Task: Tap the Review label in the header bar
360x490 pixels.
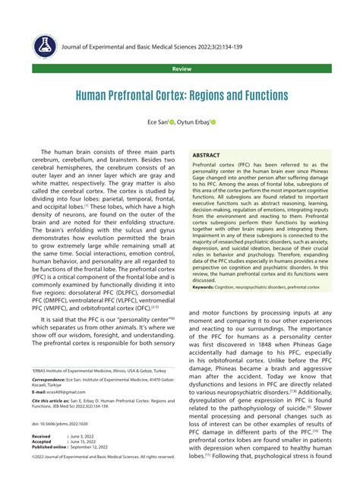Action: click(180, 68)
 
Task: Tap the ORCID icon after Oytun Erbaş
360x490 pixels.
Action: click(213, 122)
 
